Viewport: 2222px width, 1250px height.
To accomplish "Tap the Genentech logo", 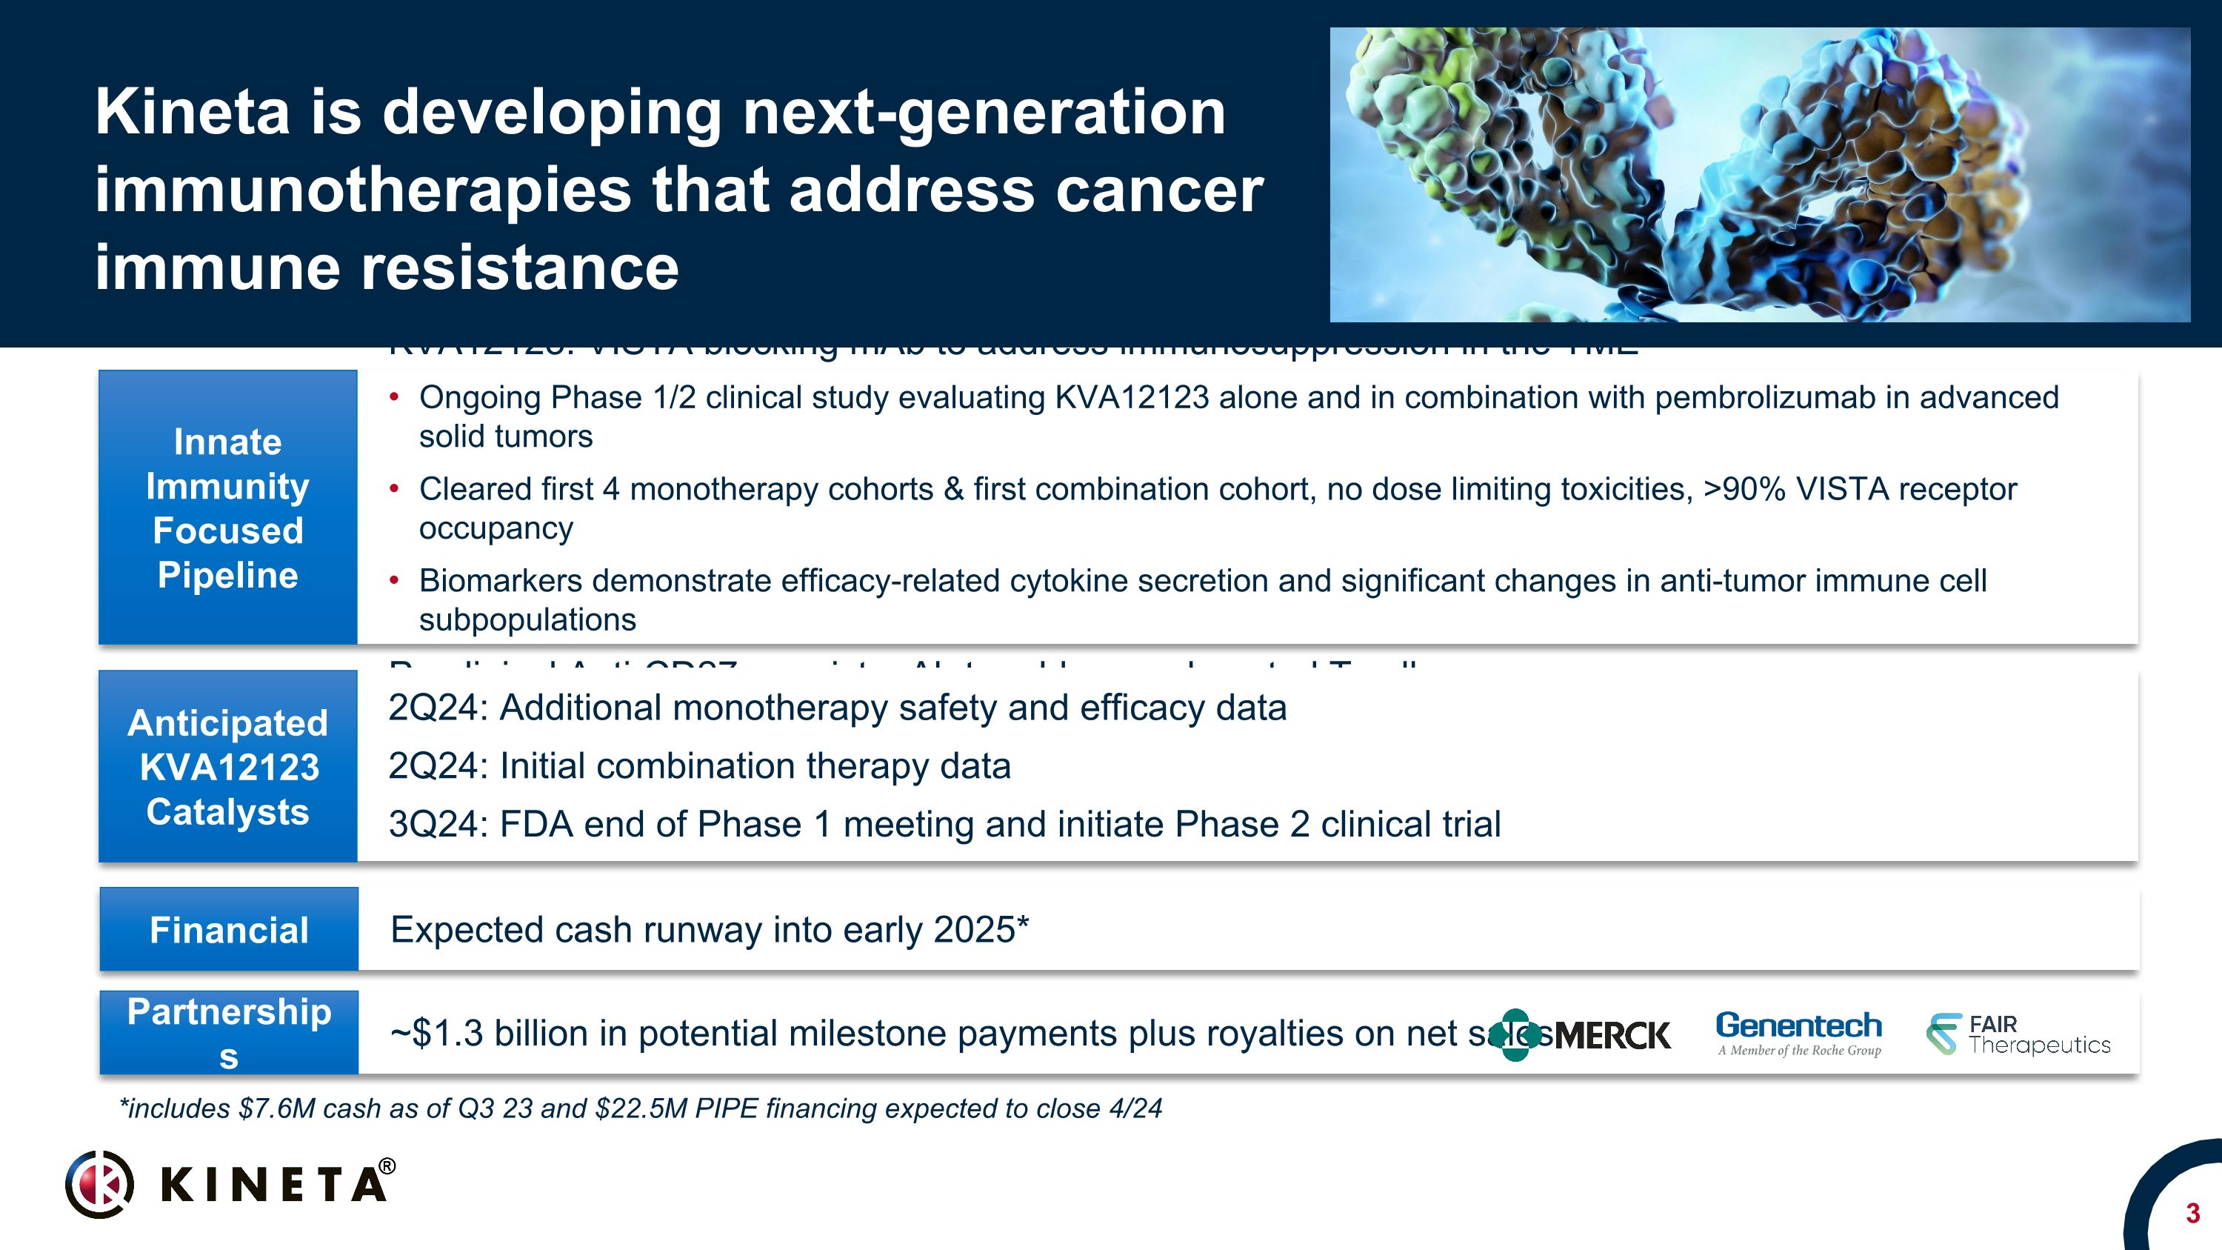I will pos(1798,1033).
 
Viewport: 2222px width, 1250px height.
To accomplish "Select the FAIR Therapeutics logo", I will pos(2018,1034).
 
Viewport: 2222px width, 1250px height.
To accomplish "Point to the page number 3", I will pos(2192,1214).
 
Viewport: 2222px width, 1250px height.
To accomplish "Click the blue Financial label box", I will pos(229,929).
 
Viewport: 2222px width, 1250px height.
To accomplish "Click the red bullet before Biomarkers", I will pos(394,581).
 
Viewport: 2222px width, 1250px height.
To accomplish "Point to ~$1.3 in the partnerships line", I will pos(436,1034).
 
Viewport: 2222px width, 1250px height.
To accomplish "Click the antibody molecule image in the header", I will pos(1759,175).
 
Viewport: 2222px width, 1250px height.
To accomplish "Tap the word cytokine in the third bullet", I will pos(1064,582).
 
